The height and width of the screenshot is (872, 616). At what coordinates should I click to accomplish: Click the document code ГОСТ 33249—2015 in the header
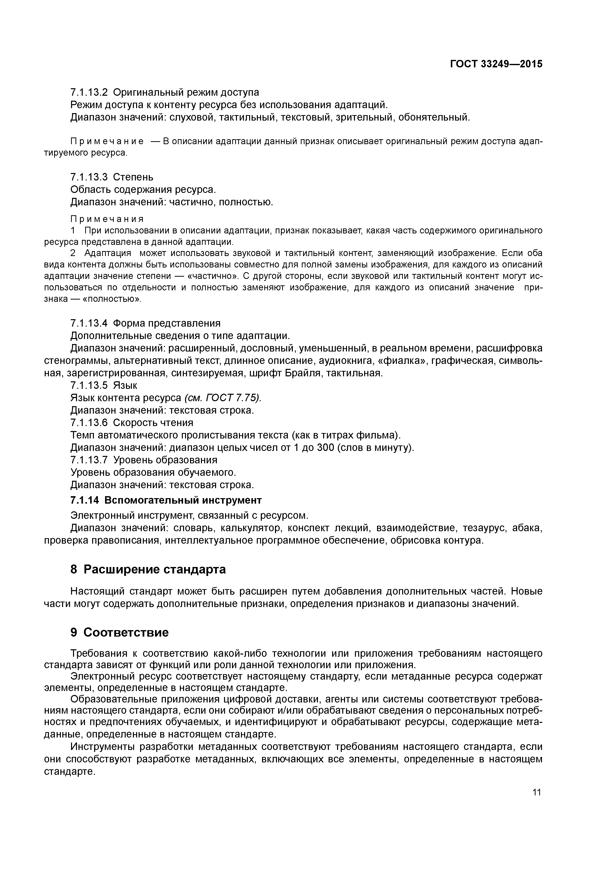coord(496,64)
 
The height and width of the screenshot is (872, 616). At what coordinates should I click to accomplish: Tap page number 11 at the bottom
coord(536,792)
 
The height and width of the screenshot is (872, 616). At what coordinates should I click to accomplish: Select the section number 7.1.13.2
coord(89,92)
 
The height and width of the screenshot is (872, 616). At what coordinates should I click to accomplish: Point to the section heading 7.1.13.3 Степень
coord(112,177)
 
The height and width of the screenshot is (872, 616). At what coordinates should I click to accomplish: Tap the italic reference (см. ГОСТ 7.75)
coord(223,398)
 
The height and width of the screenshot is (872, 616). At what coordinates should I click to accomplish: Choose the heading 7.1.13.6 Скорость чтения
coord(132,423)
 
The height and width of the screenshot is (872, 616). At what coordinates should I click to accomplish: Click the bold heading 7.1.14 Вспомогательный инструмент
coord(166,500)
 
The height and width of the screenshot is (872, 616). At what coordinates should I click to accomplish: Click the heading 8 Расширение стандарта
coord(148,569)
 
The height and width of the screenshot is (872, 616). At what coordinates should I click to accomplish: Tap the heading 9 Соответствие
coord(119,632)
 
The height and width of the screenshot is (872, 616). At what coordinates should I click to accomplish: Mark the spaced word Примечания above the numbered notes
coord(107,219)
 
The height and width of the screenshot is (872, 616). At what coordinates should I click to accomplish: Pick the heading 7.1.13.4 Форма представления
coord(145,323)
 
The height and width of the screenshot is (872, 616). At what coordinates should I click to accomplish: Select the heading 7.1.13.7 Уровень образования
coord(144,460)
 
